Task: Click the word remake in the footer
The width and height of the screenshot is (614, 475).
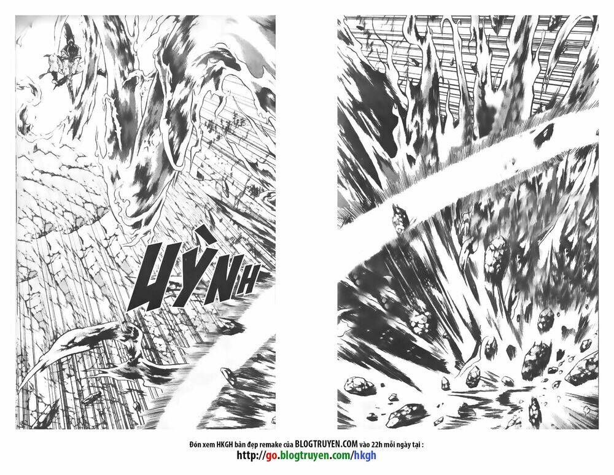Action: [x=270, y=445]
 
